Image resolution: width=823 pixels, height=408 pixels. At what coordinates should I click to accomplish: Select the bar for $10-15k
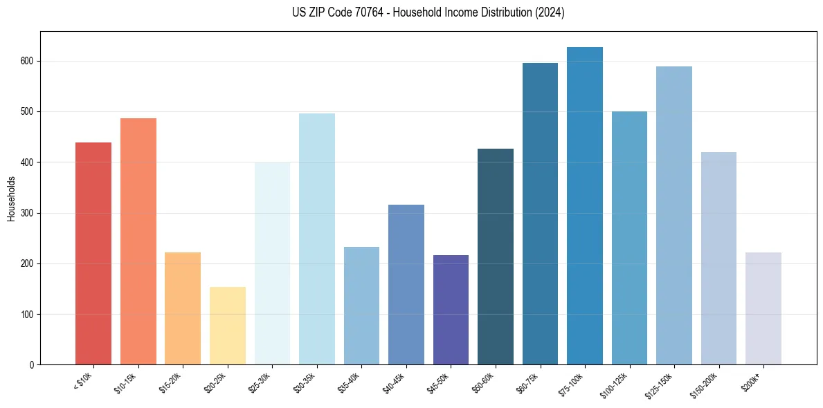(x=138, y=241)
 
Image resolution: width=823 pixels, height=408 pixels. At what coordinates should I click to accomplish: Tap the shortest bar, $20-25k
(x=227, y=326)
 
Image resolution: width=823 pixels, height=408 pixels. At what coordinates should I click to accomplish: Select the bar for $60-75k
(x=540, y=214)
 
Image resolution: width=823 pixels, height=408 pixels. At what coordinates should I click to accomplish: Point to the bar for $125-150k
(x=673, y=215)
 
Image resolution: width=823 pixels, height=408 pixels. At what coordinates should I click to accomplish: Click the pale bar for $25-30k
(x=272, y=263)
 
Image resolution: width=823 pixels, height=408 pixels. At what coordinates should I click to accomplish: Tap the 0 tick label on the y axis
(x=33, y=365)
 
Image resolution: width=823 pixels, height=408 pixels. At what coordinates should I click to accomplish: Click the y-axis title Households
(x=12, y=198)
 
